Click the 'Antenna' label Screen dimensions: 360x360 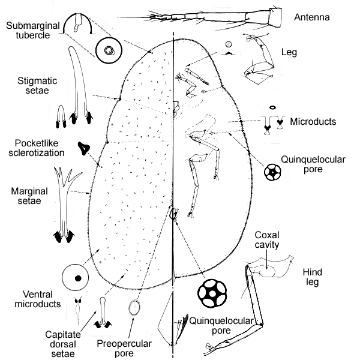coord(311,17)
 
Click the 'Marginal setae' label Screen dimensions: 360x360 coord(26,196)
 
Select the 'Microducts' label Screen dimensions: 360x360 coord(313,122)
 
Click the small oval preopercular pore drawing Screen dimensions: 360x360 coord(136,308)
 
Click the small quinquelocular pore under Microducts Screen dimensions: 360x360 coord(274,172)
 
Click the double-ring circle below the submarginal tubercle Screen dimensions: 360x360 coord(109,52)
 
